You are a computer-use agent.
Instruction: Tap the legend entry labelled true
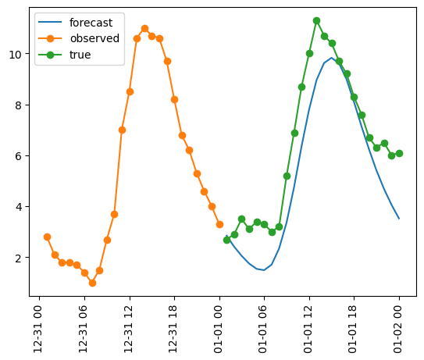coord(80,55)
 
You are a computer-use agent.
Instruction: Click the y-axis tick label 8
coord(24,105)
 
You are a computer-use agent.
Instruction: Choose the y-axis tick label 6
coord(24,155)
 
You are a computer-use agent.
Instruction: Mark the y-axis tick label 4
coord(24,206)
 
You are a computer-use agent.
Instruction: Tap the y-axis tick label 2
coord(24,257)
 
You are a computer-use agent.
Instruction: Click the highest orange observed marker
coord(144,28)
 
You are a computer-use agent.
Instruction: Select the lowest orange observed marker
coord(92,283)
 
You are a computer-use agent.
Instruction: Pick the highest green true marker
coord(316,20)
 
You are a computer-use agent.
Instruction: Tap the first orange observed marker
coord(47,237)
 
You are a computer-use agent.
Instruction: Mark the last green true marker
coord(399,153)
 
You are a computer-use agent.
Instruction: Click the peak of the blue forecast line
coord(331,58)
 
